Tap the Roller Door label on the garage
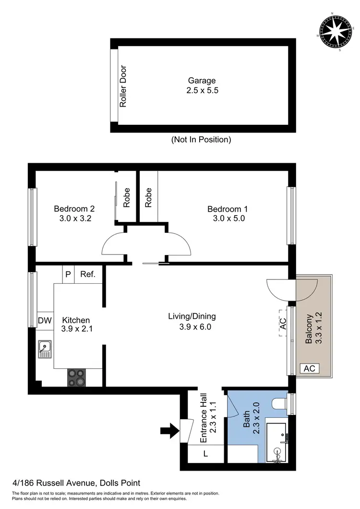[123, 86]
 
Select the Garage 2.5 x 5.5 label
[202, 85]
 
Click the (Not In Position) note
[201, 140]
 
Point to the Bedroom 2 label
[74, 214]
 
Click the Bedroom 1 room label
[228, 214]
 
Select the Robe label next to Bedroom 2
[127, 197]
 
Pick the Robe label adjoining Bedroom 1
[148, 197]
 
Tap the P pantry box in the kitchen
[68, 275]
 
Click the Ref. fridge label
[88, 275]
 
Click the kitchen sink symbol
[45, 349]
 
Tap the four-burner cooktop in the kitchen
[77, 377]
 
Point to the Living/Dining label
[192, 321]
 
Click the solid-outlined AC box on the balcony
[310, 368]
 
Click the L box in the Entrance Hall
[205, 453]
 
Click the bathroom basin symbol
[277, 453]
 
